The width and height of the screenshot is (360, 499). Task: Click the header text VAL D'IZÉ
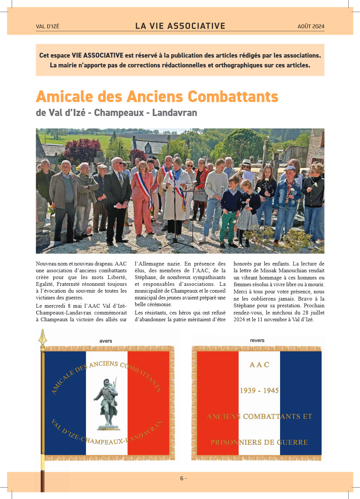click(x=47, y=26)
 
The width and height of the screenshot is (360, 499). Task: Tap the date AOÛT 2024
click(x=311, y=26)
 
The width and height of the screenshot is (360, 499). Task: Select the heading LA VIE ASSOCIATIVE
click(x=180, y=26)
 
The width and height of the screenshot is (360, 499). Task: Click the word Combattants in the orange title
click(x=233, y=97)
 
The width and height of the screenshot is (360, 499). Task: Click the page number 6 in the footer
click(x=182, y=478)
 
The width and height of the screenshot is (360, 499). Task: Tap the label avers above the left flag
click(x=106, y=341)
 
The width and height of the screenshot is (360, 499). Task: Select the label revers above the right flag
click(x=257, y=340)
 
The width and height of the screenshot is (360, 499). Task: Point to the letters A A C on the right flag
click(x=259, y=365)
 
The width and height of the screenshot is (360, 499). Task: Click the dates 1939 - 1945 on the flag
click(x=259, y=391)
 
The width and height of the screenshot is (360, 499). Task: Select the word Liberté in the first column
click(x=117, y=277)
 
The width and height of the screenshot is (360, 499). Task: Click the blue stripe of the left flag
click(x=65, y=403)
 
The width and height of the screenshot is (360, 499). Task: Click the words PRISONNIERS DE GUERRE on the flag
click(x=259, y=442)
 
